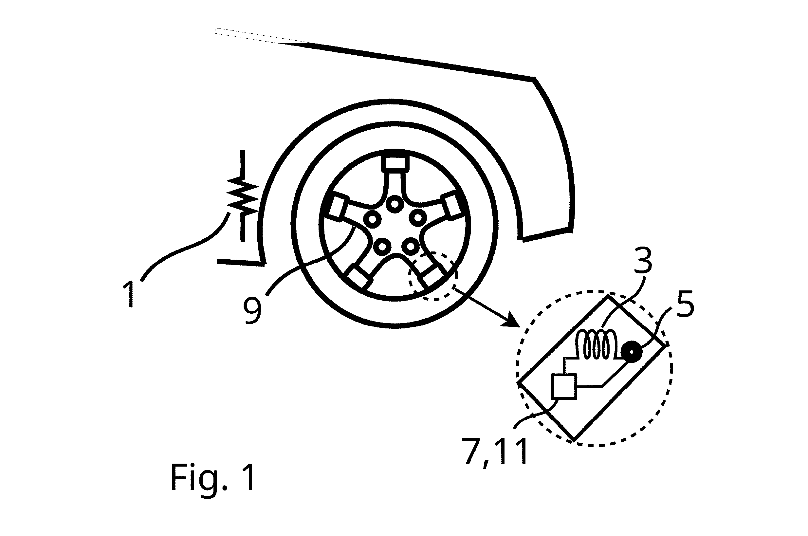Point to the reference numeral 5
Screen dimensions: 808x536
685,303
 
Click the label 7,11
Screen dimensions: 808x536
496,452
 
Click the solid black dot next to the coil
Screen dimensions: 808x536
631,352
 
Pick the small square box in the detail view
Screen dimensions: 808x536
564,387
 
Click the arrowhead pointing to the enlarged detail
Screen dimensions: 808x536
513,321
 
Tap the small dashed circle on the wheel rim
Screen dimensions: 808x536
432,276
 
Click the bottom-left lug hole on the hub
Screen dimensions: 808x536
382,247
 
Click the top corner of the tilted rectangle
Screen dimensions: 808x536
608,296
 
